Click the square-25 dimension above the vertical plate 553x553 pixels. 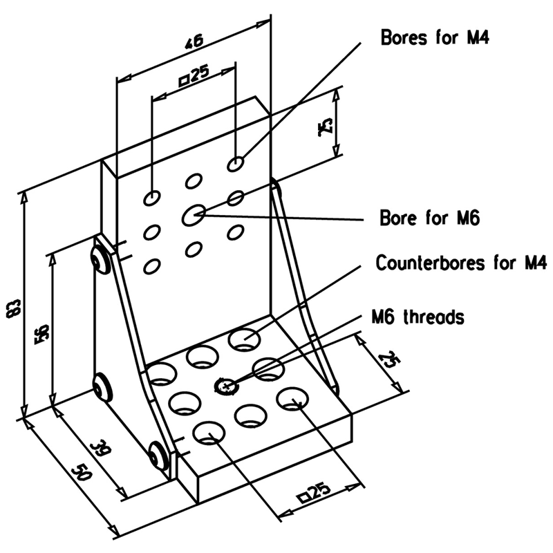coord(194,76)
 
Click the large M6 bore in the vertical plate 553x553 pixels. coord(194,215)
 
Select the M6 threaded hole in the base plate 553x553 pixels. coord(225,386)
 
